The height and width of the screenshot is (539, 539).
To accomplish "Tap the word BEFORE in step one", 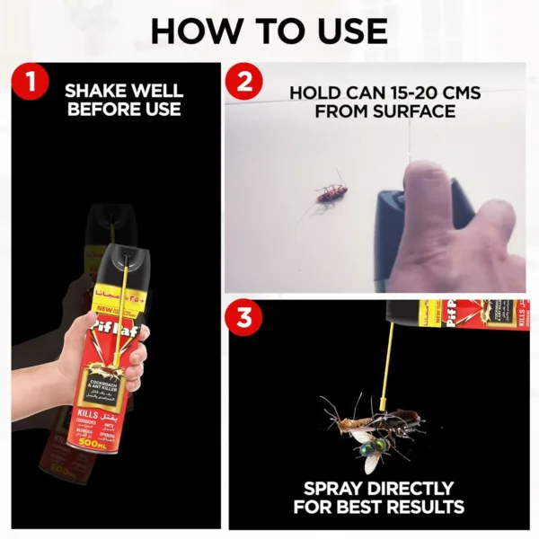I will click(99, 110).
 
